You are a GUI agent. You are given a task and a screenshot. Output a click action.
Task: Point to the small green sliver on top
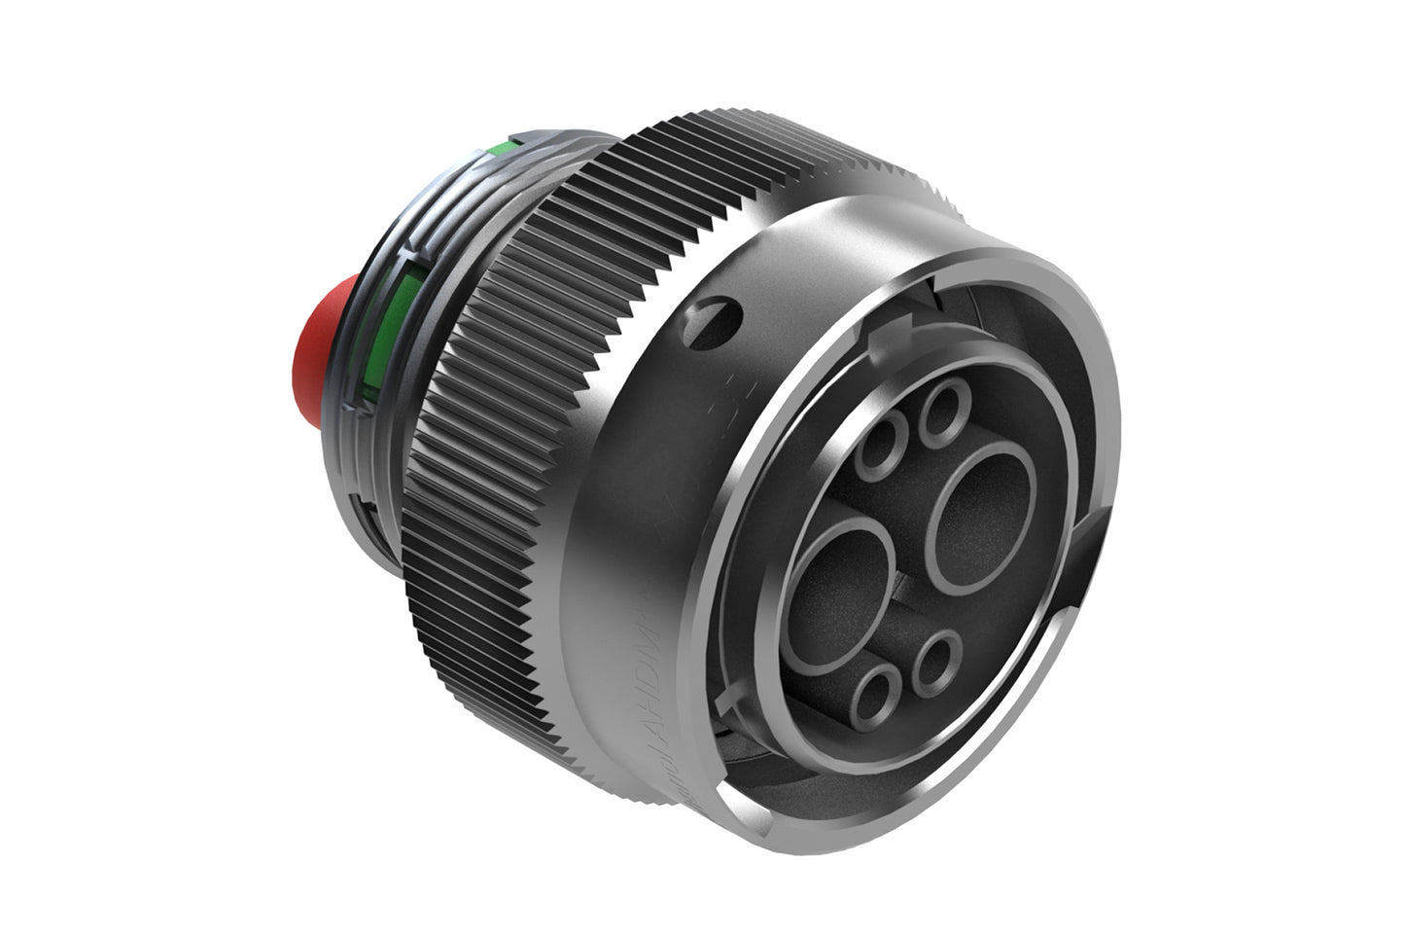(x=502, y=149)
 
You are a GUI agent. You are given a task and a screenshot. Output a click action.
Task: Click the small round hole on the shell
(x=719, y=321)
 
